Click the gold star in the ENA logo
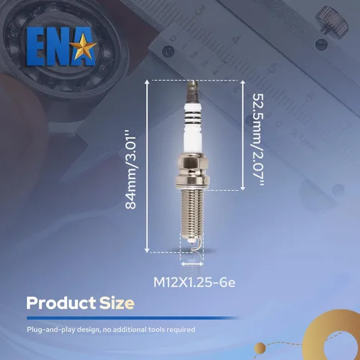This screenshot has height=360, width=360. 85,46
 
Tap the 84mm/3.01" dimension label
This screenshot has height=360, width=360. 131,169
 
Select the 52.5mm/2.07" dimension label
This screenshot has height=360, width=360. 258,139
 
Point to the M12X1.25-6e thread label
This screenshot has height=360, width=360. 194,282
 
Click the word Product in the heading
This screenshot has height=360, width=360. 61,303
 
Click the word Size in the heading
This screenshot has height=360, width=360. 117,303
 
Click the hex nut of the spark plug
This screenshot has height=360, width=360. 192,163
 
